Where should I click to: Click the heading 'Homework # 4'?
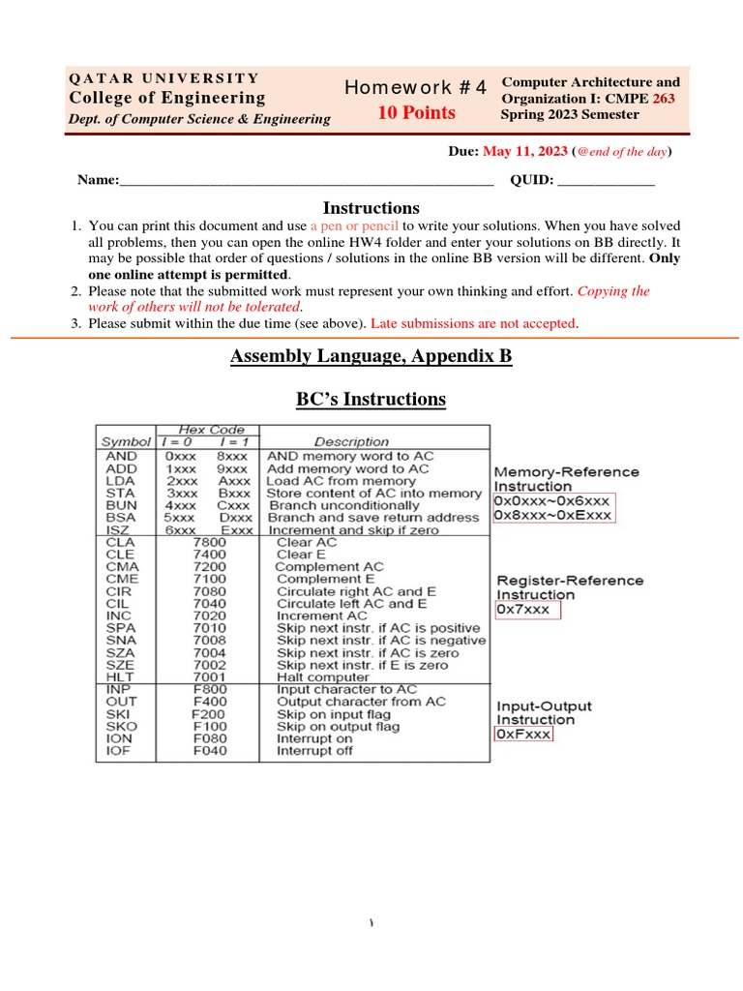(415, 88)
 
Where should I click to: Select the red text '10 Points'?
(416, 113)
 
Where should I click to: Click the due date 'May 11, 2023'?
(525, 152)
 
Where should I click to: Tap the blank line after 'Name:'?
(306, 180)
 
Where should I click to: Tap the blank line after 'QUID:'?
(607, 180)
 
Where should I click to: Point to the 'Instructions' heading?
(371, 208)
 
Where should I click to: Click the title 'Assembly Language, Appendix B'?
(371, 356)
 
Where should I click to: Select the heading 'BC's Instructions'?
(371, 399)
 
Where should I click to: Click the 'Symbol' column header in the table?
(120, 442)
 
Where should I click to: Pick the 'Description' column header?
(352, 442)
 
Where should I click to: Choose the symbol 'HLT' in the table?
(116, 676)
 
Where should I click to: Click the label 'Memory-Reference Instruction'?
(566, 479)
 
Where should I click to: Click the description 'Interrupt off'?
(314, 751)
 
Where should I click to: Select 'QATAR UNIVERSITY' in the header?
(163, 78)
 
